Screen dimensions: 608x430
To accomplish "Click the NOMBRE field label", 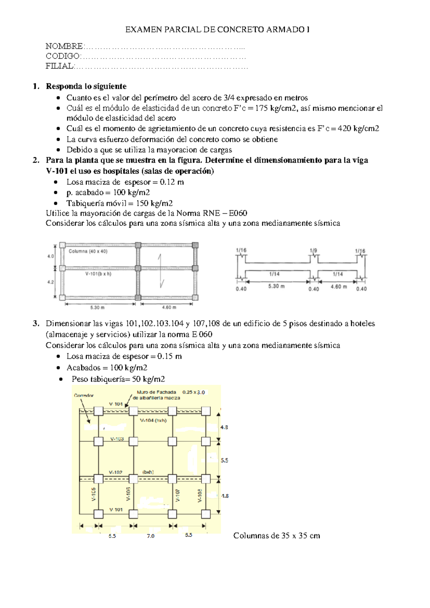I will pyautogui.click(x=64, y=46).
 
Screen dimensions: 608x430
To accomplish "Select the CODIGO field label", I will pyautogui.click(x=63, y=56).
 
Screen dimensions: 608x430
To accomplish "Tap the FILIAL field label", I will pyautogui.click(x=59, y=66).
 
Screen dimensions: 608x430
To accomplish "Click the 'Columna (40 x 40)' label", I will pyautogui.click(x=88, y=251).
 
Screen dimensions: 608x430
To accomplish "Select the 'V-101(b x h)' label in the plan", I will pyautogui.click(x=98, y=274).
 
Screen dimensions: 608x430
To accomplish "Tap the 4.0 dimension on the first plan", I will pyautogui.click(x=51, y=256).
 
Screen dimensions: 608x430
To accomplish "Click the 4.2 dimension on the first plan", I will pyautogui.click(x=51, y=282).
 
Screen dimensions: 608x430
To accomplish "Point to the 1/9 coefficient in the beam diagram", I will pyautogui.click(x=313, y=251).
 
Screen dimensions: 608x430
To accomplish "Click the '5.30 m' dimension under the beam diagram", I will pyautogui.click(x=276, y=286).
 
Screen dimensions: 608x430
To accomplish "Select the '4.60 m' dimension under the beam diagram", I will pyautogui.click(x=338, y=287).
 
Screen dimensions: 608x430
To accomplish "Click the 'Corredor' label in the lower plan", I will pyautogui.click(x=84, y=395).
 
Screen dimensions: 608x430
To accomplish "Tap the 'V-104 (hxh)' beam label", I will pyautogui.click(x=153, y=421).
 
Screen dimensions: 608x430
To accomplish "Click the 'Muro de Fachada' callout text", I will pyautogui.click(x=156, y=392).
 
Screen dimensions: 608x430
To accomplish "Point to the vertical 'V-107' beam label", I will pyautogui.click(x=178, y=495).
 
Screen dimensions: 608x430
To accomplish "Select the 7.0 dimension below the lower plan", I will pyautogui.click(x=150, y=536).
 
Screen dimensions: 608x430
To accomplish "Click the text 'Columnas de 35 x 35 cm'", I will pyautogui.click(x=276, y=536).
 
